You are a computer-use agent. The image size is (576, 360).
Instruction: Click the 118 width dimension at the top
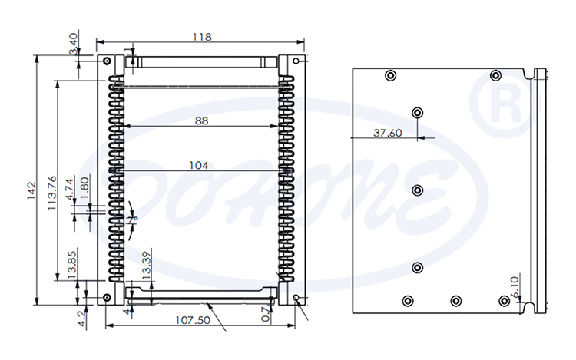point(202,36)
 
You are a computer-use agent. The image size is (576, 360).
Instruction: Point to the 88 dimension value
point(201,120)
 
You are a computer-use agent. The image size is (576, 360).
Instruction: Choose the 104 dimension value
point(200,165)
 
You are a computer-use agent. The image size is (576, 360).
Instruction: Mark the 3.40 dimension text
point(73,43)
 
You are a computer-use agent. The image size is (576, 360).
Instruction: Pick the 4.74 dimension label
point(70,189)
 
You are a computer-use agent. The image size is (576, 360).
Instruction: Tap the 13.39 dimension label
point(146,266)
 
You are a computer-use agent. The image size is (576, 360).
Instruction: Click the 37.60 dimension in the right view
point(387,133)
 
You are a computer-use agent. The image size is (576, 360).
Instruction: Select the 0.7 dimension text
point(266,313)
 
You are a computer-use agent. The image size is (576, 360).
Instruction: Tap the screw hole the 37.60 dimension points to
point(417,113)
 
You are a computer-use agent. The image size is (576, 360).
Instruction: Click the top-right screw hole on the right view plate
point(496,74)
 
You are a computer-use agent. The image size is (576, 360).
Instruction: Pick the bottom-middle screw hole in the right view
point(456,300)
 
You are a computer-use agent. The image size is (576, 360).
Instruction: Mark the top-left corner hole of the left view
point(105,61)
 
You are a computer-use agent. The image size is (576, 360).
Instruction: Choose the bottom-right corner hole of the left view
point(296,298)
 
